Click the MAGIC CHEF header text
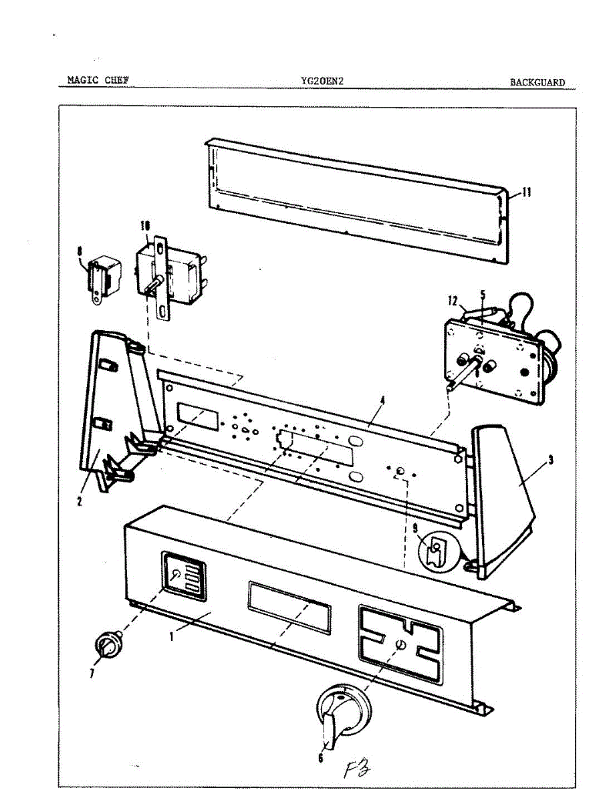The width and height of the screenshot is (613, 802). [x=98, y=80]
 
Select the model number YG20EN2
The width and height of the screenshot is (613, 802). [x=322, y=82]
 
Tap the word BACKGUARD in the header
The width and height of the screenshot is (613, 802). [x=537, y=83]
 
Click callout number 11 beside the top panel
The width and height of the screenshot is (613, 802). [x=526, y=193]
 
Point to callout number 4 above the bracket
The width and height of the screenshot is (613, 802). [x=383, y=402]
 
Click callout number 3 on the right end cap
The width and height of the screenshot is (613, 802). [x=550, y=460]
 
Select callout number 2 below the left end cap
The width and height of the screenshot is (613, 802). [x=79, y=501]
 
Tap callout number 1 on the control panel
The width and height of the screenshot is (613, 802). [x=172, y=636]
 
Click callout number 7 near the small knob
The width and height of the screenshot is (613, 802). [x=92, y=674]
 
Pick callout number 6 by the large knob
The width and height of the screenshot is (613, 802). [x=320, y=758]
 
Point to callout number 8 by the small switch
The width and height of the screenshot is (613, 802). [x=80, y=251]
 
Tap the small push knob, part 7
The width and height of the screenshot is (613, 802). [x=106, y=646]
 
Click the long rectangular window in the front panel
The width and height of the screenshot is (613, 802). [x=289, y=607]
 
